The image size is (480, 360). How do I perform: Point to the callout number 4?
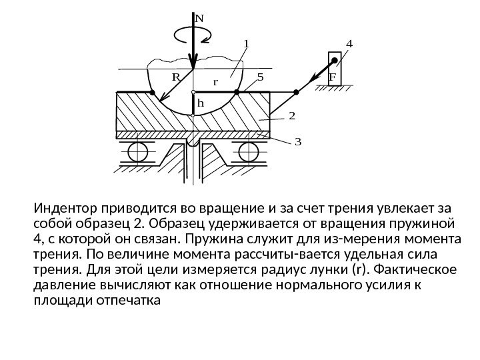[x=347, y=44]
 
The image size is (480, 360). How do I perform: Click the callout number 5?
[x=261, y=77]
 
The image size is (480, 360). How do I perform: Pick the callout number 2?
[x=291, y=115]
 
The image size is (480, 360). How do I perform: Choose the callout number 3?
[x=298, y=141]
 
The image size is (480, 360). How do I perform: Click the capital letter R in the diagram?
[x=176, y=77]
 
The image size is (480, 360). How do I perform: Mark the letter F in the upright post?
[x=332, y=77]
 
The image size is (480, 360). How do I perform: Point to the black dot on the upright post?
[x=335, y=60]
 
